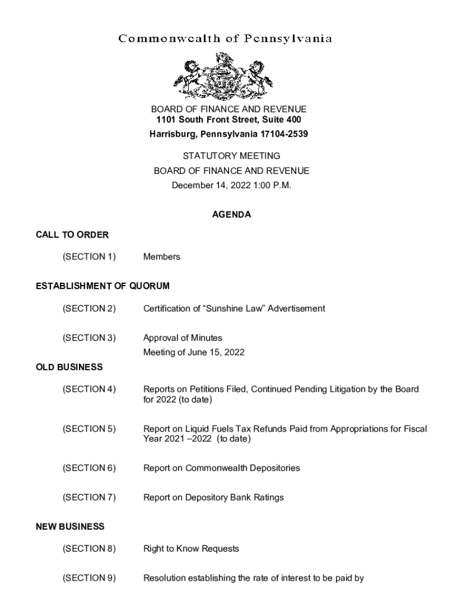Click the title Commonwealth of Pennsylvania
[x=225, y=39]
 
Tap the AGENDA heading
[x=231, y=215]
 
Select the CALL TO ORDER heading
[x=72, y=235]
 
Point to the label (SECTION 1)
[x=89, y=257]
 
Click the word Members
[x=161, y=257]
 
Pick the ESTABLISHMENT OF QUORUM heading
[x=103, y=286]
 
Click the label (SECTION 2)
[x=89, y=309]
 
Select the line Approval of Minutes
[x=183, y=338]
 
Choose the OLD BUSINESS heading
[x=69, y=368]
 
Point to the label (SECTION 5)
[x=89, y=429]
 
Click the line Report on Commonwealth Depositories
[x=221, y=468]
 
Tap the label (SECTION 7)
[x=89, y=497]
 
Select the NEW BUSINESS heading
[x=70, y=527]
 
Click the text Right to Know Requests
[x=191, y=549]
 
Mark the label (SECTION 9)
[x=89, y=578]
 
